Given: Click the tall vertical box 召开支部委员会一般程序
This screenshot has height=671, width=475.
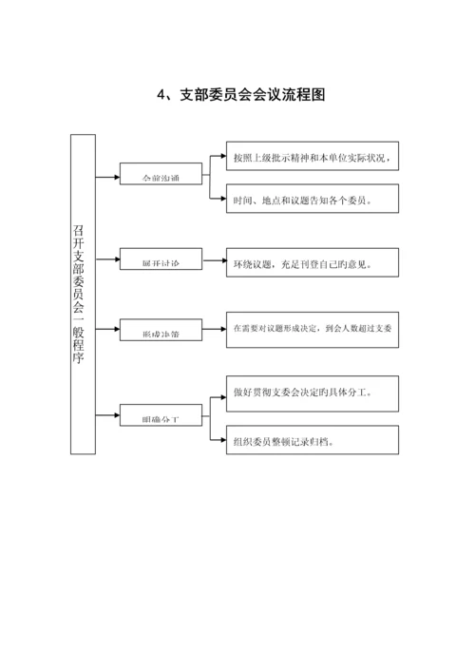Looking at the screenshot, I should tap(83, 294).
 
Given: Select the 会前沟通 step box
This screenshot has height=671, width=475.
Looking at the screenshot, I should tap(160, 176).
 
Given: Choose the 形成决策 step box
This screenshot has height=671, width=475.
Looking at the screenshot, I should tap(160, 332).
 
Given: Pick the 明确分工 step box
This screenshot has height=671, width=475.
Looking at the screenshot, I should tap(160, 415).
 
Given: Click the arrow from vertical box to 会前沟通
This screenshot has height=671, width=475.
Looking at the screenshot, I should tap(107, 176).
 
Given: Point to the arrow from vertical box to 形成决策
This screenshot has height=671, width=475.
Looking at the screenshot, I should tap(107, 332).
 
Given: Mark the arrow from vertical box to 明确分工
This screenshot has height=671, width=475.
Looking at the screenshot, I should tap(107, 415).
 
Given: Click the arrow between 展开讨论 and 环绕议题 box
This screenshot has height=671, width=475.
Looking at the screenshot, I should tap(213, 259).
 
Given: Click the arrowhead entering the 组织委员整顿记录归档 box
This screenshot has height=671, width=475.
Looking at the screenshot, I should tap(221, 439).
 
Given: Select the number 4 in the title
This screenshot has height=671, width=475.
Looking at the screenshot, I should tap(161, 95).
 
